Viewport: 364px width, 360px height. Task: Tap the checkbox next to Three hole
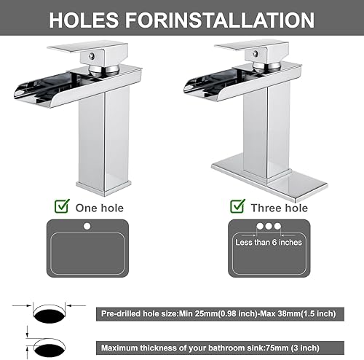click(x=237, y=206)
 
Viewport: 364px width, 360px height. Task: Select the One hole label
click(x=99, y=208)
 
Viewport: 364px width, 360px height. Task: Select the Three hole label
click(x=280, y=208)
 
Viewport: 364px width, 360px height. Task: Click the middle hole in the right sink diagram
click(x=268, y=226)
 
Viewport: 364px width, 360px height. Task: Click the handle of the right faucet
click(x=248, y=47)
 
